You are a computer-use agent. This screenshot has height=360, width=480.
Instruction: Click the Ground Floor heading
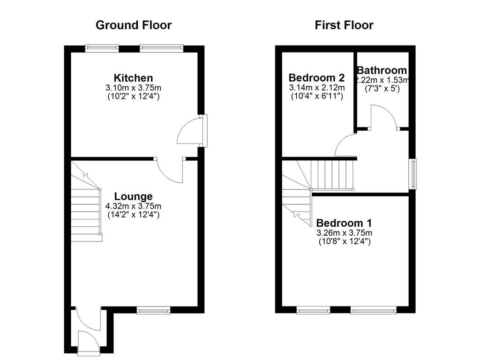click(x=134, y=25)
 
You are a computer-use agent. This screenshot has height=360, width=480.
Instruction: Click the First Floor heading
click(x=344, y=25)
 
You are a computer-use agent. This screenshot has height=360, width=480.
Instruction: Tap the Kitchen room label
click(x=133, y=78)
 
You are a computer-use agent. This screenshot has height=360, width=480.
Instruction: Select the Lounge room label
click(x=133, y=196)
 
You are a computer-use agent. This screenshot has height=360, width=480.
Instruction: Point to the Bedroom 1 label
click(x=344, y=223)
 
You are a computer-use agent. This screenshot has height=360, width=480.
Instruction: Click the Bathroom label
click(x=382, y=70)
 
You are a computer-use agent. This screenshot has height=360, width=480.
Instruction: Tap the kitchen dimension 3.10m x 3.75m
click(x=133, y=88)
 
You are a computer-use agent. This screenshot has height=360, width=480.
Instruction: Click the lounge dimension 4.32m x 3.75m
click(x=133, y=206)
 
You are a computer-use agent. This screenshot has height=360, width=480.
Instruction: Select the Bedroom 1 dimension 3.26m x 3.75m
click(x=344, y=232)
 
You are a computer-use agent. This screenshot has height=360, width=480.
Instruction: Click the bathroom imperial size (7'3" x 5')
click(x=382, y=89)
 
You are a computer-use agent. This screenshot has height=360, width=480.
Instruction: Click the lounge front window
click(x=153, y=309)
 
